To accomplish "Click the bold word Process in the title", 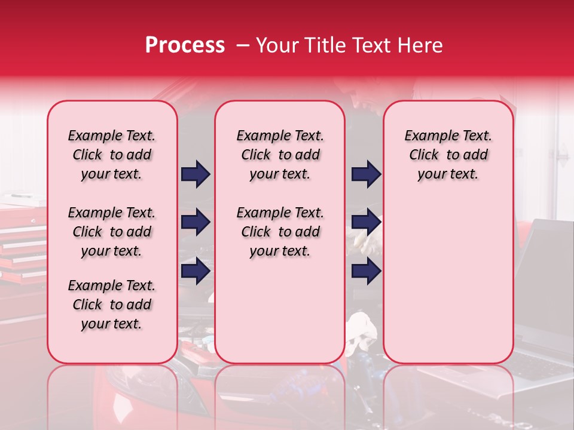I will pos(185,45).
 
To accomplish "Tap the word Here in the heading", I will pos(419,45).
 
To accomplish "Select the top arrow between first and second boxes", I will pos(196,174).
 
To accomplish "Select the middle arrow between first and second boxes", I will pos(196,223).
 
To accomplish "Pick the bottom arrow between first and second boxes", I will pos(196,271).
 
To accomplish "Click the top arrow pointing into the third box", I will pos(366,174).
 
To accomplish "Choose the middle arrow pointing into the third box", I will pos(366,223).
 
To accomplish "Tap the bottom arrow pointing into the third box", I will pos(366,271).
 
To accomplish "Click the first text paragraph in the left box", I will pos(112,155).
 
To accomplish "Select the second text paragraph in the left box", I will pos(112,232).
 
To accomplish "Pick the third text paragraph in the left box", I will pos(112,305).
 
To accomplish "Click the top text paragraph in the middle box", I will pos(280,155).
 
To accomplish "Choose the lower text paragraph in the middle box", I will pos(280,232).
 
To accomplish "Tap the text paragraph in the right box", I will pos(448,155).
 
